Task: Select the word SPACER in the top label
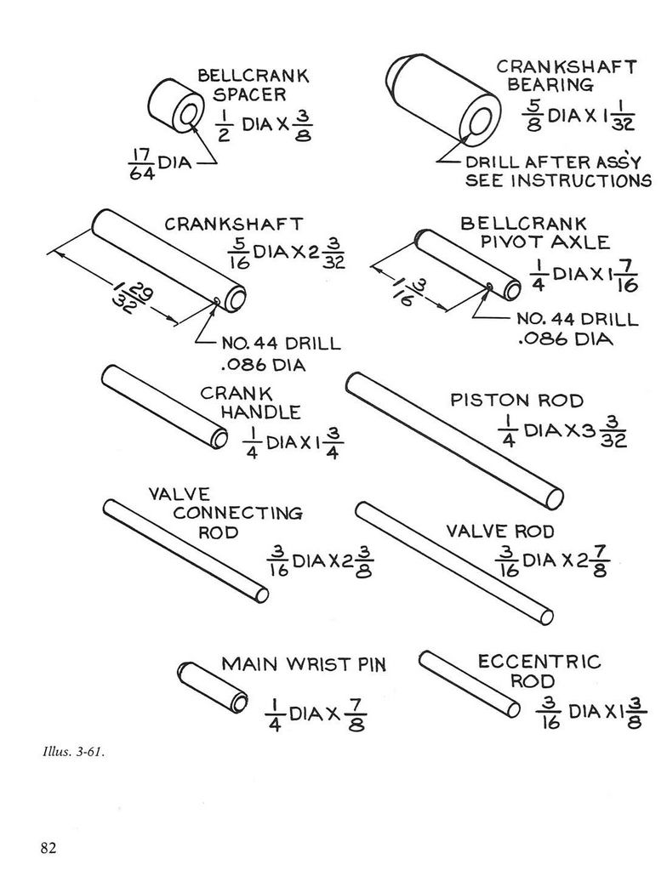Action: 249,94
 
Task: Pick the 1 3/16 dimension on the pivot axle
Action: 408,290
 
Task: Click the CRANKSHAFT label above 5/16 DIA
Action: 234,224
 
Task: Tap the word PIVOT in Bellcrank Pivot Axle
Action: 510,242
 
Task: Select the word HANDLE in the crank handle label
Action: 260,412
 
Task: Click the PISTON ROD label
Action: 517,401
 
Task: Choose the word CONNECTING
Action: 237,513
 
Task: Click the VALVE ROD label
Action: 499,532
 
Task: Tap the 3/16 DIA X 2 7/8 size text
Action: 552,561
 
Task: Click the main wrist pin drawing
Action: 212,687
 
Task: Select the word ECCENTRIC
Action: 539,662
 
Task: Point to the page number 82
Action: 49,848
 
